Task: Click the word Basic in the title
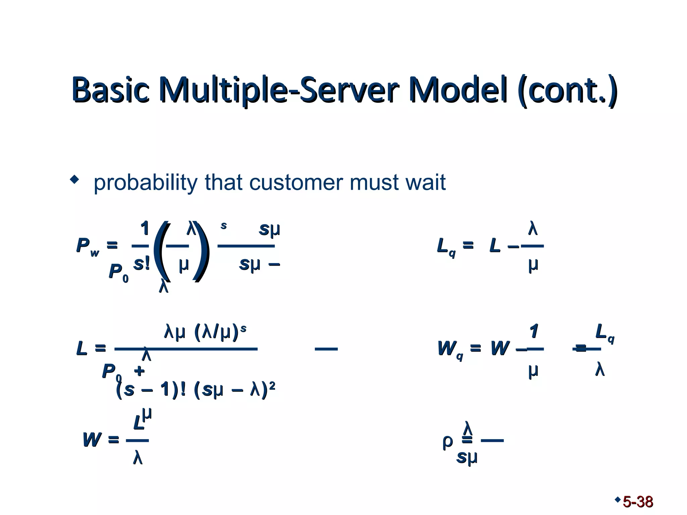click(110, 90)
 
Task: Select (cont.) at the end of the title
click(567, 90)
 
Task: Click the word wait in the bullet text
click(426, 183)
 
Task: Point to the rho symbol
click(447, 442)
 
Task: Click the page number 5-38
click(638, 502)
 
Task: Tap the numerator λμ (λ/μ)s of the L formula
click(205, 332)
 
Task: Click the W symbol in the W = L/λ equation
click(92, 440)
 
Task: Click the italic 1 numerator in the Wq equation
click(534, 332)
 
